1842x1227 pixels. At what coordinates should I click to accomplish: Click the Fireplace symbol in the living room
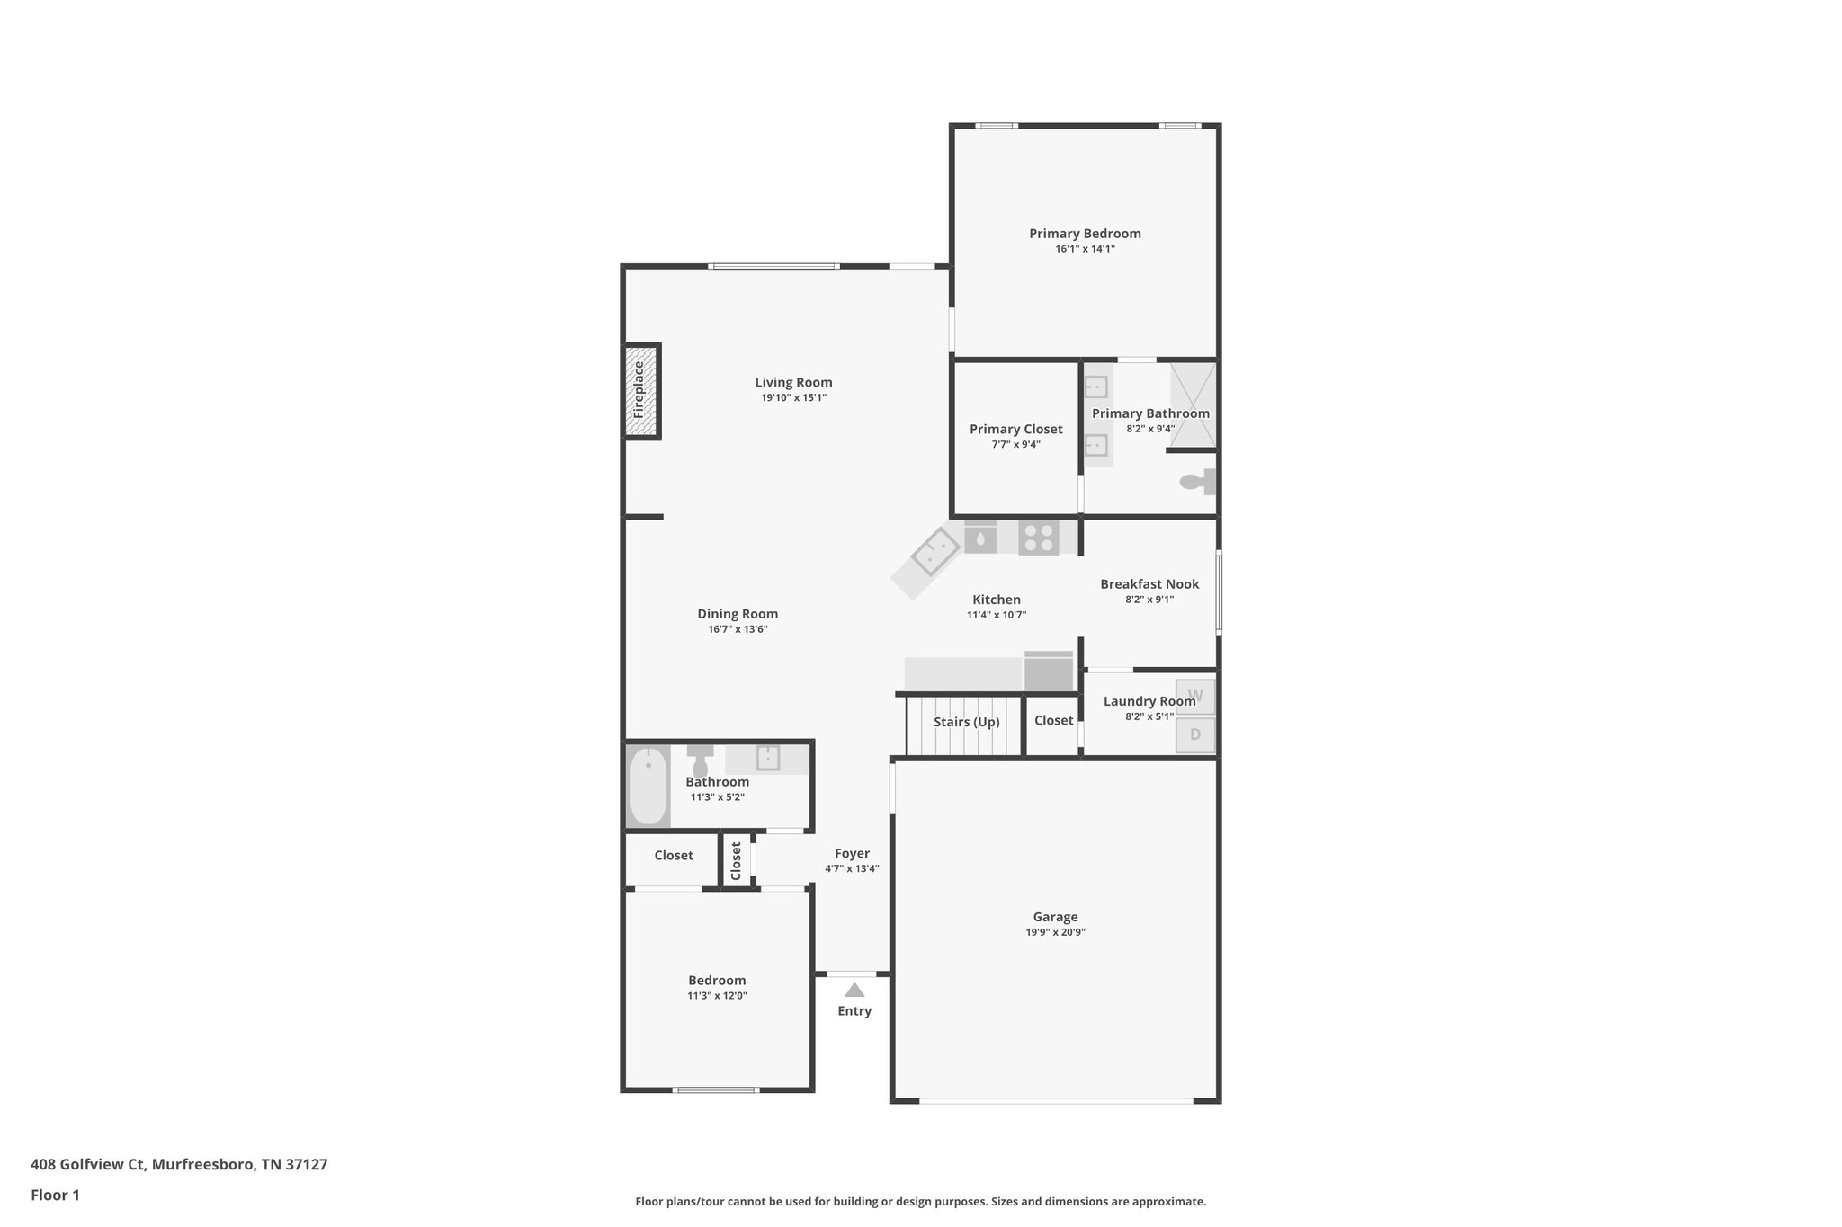pyautogui.click(x=642, y=391)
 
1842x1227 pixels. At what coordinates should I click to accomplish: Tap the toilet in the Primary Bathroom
pyautogui.click(x=1196, y=482)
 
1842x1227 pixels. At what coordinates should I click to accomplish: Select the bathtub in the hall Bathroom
pyautogui.click(x=648, y=787)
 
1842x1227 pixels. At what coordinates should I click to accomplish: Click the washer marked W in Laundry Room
pyautogui.click(x=1195, y=697)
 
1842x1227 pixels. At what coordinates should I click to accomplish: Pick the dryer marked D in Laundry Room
pyautogui.click(x=1195, y=734)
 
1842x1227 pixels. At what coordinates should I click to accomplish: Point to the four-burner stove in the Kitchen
pyautogui.click(x=1038, y=538)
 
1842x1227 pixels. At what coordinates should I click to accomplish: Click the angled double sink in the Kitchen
pyautogui.click(x=934, y=552)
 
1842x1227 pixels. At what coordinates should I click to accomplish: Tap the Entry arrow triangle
pyautogui.click(x=854, y=990)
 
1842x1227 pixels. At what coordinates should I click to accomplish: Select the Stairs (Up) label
pyautogui.click(x=966, y=722)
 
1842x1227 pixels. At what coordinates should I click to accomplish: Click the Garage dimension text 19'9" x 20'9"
pyautogui.click(x=1055, y=932)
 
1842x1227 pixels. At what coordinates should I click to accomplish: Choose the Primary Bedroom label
pyautogui.click(x=1085, y=234)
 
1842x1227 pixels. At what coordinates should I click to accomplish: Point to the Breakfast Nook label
pyautogui.click(x=1149, y=584)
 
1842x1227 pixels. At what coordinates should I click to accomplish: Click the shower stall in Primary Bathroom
pyautogui.click(x=1193, y=405)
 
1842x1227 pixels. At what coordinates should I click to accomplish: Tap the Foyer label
pyautogui.click(x=852, y=854)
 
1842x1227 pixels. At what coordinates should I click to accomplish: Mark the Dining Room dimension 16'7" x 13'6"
pyautogui.click(x=738, y=629)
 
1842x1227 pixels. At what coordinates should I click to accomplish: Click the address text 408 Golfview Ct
pyautogui.click(x=179, y=1164)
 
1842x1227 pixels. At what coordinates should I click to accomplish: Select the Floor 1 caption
pyautogui.click(x=55, y=1195)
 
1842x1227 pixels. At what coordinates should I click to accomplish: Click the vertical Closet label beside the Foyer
pyautogui.click(x=736, y=860)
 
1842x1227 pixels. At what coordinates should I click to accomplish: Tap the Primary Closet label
pyautogui.click(x=1015, y=430)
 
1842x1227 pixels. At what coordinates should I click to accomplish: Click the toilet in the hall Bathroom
pyautogui.click(x=700, y=760)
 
